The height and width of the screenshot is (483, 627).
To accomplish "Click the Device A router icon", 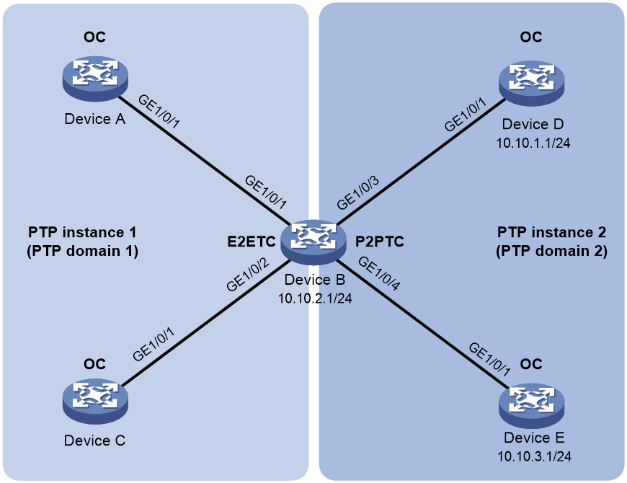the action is [x=95, y=78].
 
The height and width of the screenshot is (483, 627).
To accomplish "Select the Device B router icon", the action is [x=313, y=242].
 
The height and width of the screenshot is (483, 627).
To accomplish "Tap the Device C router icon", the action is [x=95, y=402].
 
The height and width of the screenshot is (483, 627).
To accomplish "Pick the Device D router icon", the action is [x=531, y=83].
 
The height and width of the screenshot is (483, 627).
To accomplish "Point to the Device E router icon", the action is [x=531, y=405].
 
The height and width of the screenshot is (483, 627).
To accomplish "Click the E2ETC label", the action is [x=252, y=241].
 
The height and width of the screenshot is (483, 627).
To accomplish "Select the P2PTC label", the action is [x=380, y=241].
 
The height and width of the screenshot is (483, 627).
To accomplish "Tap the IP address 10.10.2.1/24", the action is [x=315, y=298].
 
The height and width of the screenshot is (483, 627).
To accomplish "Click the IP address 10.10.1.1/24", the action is [x=533, y=143].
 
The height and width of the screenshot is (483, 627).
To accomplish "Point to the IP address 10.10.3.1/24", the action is [x=534, y=456].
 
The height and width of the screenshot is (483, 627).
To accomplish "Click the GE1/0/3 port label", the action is [x=357, y=192].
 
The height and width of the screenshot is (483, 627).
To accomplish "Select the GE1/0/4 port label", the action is [x=378, y=273].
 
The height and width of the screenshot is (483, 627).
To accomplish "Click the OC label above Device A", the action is [x=94, y=37].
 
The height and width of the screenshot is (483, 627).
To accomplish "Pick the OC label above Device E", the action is [x=531, y=364].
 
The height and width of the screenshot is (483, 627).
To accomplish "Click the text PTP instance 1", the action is [x=82, y=232].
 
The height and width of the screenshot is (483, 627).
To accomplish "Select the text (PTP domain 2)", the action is [x=551, y=251].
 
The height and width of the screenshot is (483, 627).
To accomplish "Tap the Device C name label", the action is [x=94, y=440].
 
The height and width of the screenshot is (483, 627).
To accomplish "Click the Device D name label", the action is [x=533, y=124].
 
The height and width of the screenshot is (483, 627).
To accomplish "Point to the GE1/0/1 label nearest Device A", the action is [x=159, y=112].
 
